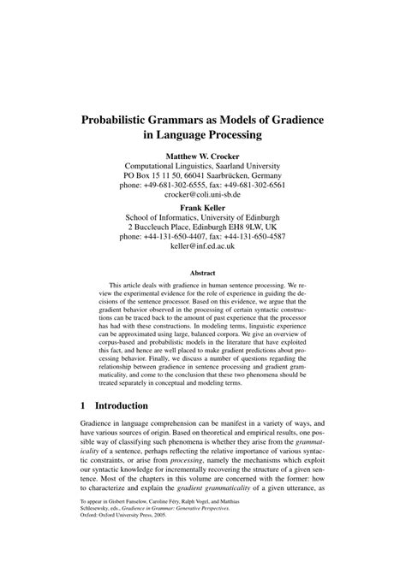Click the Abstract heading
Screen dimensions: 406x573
(202, 275)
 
